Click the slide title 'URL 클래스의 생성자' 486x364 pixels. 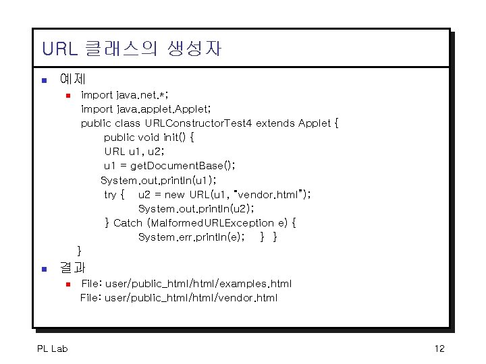[x=131, y=49]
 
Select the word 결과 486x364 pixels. [x=72, y=268]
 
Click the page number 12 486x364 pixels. [x=439, y=348]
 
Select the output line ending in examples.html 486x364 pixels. [x=186, y=284]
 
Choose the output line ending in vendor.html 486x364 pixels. [x=179, y=298]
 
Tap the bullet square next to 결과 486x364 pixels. [x=45, y=269]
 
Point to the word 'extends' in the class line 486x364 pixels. [x=275, y=123]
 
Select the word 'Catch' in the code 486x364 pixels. [x=128, y=223]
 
